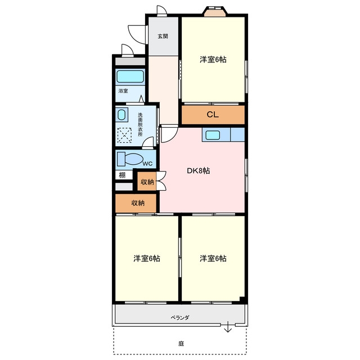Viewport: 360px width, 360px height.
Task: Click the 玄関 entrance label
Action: [163, 36]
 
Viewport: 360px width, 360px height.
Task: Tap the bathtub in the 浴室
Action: [130, 76]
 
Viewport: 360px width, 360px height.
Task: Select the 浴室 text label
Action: [123, 91]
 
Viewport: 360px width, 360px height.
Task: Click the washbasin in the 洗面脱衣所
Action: [121, 115]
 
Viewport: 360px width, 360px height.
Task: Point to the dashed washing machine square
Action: [124, 136]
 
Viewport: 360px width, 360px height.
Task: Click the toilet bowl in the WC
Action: [134, 159]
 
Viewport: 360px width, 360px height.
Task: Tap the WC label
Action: [147, 164]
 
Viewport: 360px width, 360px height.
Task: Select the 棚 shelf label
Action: [122, 175]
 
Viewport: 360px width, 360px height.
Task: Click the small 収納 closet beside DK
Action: [147, 182]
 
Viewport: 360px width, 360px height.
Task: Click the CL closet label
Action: [213, 115]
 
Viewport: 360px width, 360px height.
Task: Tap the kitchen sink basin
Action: [213, 135]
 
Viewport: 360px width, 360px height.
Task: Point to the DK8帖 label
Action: [199, 171]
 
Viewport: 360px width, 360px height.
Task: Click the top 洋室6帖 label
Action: [213, 60]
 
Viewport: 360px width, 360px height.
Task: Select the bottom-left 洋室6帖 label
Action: [147, 259]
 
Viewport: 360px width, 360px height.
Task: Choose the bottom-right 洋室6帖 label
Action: [213, 259]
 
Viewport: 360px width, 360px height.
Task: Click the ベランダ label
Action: [180, 318]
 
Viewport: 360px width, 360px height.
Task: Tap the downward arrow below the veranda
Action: [228, 327]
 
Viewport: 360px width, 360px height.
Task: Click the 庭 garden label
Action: [181, 344]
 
